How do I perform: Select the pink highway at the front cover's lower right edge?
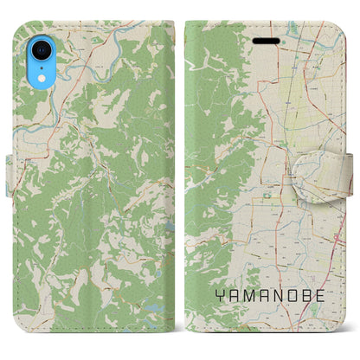339,238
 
